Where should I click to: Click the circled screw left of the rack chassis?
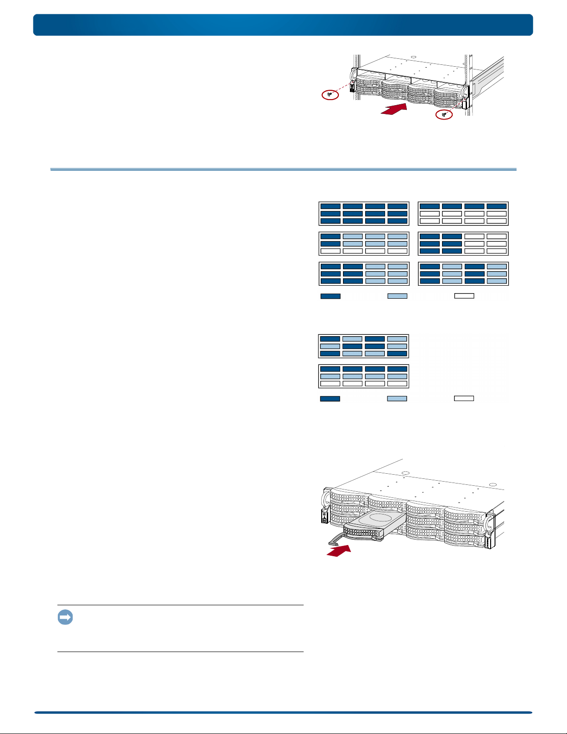coord(330,94)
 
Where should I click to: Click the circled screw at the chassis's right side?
coord(444,114)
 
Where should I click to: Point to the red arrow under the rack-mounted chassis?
coord(393,109)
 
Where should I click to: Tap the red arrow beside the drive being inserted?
coord(339,551)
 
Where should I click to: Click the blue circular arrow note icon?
coord(65,617)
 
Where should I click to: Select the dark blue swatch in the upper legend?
coord(330,296)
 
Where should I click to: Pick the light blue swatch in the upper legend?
coord(397,296)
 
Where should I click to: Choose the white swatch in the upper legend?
coord(464,296)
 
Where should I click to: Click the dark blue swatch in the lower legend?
coord(330,398)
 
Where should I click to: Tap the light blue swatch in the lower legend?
coord(397,398)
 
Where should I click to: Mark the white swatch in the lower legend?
coord(464,398)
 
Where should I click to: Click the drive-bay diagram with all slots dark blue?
coord(364,213)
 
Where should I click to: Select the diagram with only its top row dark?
coord(463,213)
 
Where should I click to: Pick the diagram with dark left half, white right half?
coord(463,244)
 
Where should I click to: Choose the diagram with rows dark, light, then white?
coord(364,376)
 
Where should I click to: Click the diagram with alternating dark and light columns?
coord(463,274)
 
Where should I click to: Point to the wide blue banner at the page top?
coord(283,25)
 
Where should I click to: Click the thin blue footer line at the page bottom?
coord(283,713)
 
